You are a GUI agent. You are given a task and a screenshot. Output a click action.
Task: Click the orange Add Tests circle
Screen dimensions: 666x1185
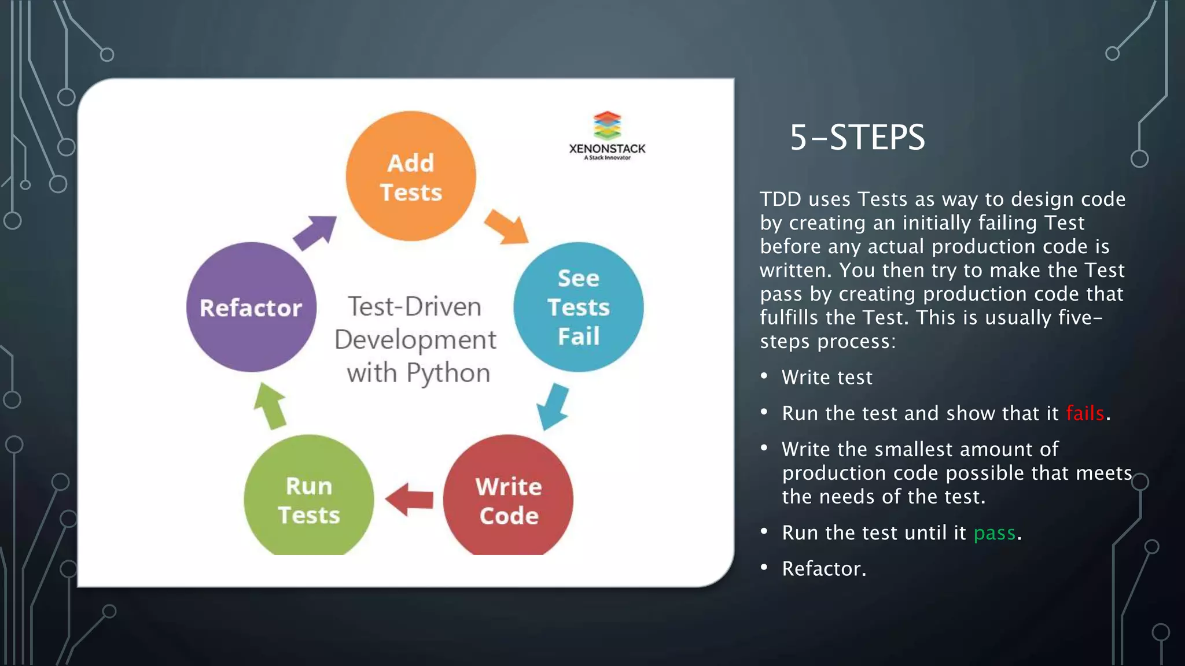411,176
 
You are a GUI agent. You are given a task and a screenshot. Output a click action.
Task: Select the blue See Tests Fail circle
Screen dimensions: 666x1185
578,307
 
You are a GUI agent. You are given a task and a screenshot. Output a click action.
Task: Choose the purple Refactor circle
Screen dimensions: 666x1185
251,307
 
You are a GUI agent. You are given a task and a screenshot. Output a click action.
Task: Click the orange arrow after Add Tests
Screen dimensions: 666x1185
507,227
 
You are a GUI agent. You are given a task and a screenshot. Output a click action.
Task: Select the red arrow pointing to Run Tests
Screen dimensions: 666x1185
409,499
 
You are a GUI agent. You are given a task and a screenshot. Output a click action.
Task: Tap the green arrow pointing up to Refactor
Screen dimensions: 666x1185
270,406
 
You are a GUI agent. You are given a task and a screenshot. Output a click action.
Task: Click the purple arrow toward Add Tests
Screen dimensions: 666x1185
315,232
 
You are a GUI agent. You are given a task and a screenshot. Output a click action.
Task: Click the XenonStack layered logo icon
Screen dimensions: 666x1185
607,125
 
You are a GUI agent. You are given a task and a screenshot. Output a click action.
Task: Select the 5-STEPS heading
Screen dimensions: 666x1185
857,138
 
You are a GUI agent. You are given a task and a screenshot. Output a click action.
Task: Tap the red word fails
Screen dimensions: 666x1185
1085,413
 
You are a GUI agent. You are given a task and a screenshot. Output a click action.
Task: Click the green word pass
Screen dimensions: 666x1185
994,533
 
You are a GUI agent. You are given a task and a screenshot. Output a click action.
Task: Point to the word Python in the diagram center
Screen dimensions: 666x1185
448,373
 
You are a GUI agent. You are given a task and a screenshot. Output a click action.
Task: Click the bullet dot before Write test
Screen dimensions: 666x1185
764,376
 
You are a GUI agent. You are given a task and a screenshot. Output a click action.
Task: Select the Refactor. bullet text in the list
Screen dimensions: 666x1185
824,569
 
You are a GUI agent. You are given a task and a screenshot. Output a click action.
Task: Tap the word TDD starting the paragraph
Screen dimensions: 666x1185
780,199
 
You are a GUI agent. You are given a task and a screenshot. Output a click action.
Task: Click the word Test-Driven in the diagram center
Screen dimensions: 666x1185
414,306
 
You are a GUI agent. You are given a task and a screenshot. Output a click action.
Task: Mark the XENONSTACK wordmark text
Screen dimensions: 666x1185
607,149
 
